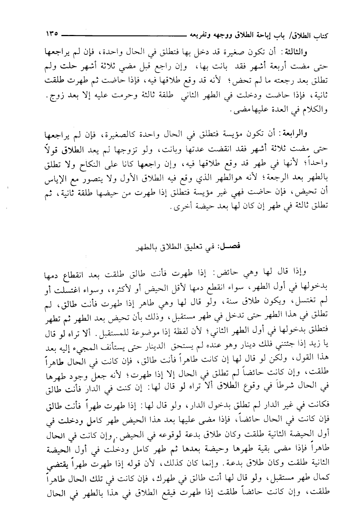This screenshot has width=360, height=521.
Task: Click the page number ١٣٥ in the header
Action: click(x=52, y=34)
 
